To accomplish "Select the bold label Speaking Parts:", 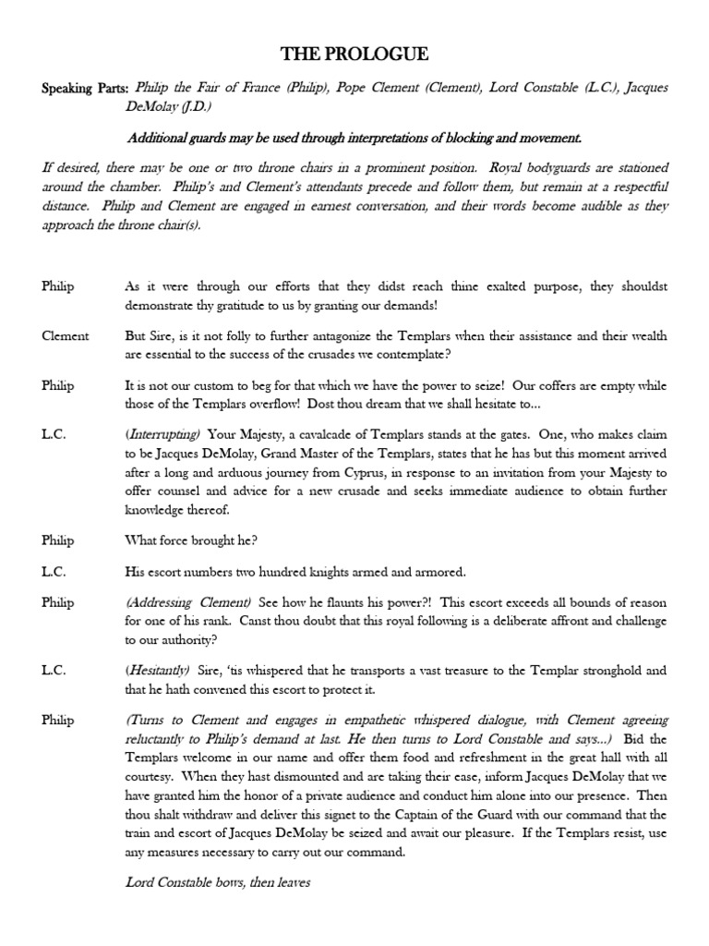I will coord(85,88).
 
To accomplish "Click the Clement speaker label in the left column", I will coord(66,335).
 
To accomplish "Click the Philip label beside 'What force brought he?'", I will coord(58,540).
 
